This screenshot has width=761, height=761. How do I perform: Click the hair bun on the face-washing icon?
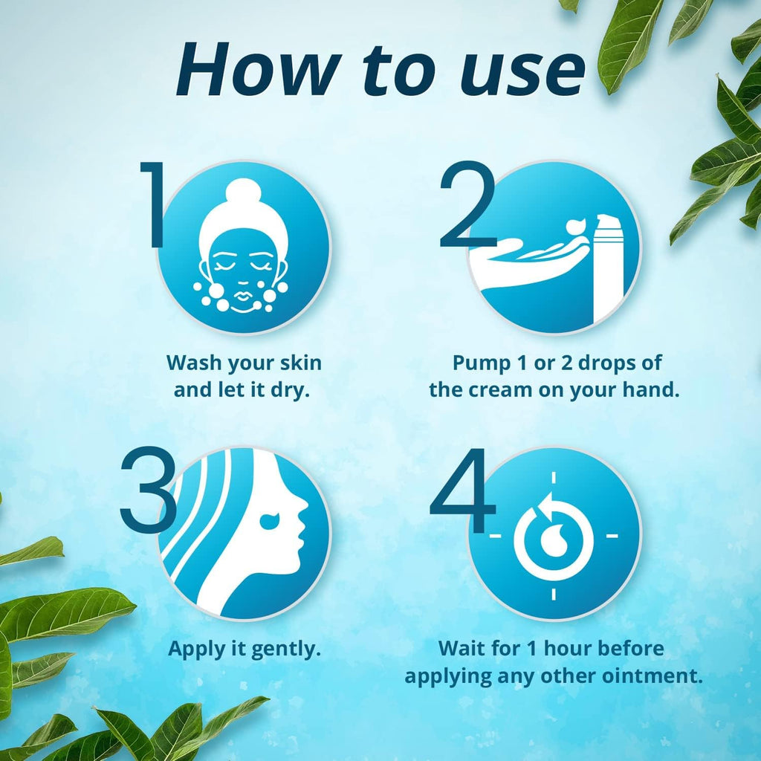click(x=244, y=195)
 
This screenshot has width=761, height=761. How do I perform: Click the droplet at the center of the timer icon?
click(x=554, y=540)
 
